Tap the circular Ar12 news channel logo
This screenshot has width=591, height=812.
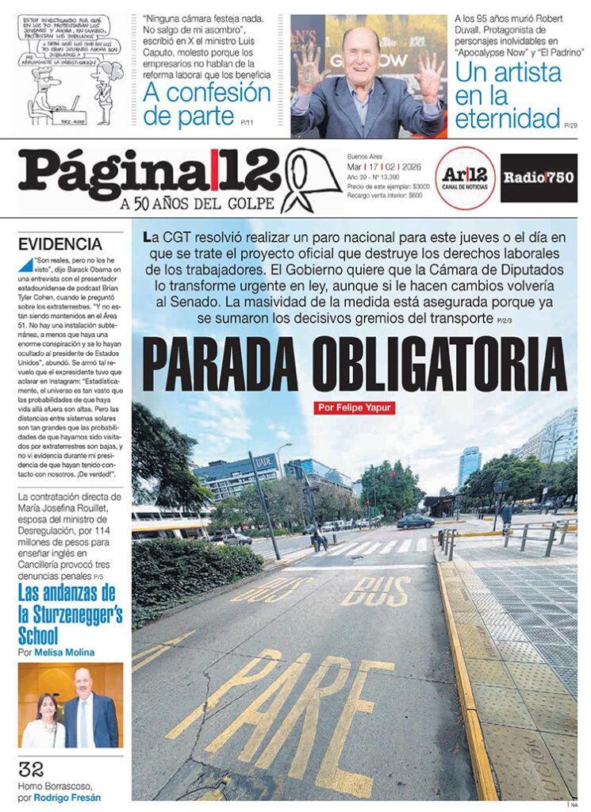click(x=464, y=178)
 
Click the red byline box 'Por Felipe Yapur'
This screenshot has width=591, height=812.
click(x=355, y=408)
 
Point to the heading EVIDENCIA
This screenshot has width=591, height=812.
click(x=60, y=244)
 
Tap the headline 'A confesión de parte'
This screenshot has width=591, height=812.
click(x=207, y=104)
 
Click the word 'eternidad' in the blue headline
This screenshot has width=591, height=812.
click(x=508, y=119)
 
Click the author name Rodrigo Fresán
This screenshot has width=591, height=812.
click(x=71, y=797)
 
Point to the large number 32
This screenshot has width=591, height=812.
click(x=32, y=768)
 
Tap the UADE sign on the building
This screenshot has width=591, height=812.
click(x=264, y=459)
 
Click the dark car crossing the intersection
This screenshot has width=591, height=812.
click(x=415, y=521)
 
